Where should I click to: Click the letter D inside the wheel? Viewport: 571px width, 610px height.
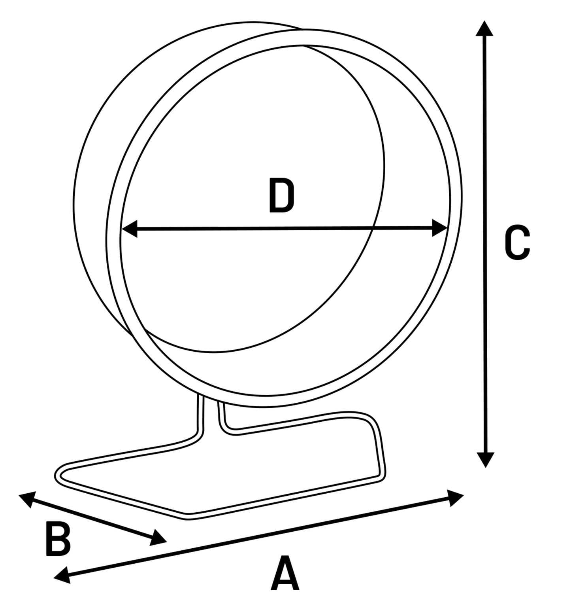click(281, 195)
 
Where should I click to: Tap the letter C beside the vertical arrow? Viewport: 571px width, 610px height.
click(517, 243)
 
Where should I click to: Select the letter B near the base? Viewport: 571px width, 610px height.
click(58, 539)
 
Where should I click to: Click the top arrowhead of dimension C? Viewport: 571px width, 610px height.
click(484, 29)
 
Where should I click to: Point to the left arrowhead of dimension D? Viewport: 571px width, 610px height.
click(128, 229)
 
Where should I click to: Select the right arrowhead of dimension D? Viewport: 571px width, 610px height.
click(440, 228)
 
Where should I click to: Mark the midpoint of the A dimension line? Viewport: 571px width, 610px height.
click(258, 536)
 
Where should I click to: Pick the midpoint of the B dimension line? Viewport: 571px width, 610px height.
click(92, 519)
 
